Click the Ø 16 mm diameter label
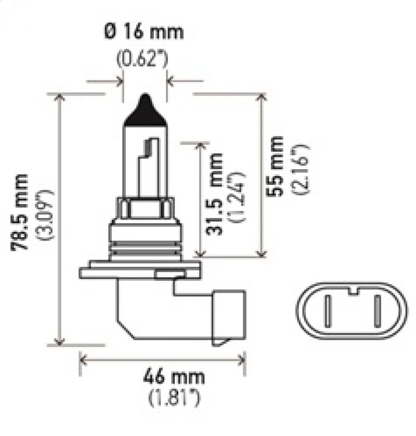[x=144, y=33]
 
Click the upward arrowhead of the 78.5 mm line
[x=62, y=99]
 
